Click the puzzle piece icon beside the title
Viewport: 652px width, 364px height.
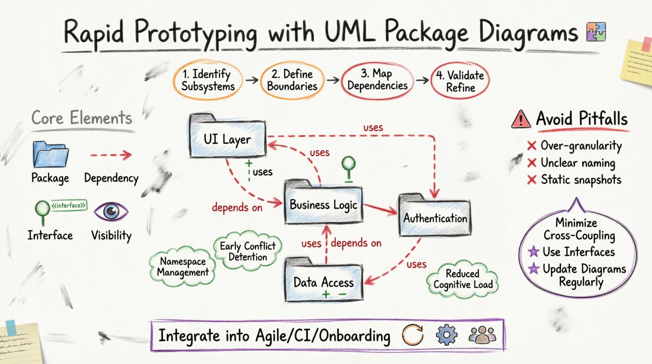[x=596, y=32]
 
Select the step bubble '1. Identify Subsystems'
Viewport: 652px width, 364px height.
[x=208, y=80]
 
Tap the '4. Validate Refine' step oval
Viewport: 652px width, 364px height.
[x=460, y=81]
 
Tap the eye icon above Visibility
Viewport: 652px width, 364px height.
[x=111, y=212]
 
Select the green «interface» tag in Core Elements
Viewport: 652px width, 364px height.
[x=69, y=205]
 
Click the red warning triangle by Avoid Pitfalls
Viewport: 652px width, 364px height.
[x=521, y=119]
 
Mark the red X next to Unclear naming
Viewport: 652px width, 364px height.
[x=532, y=163]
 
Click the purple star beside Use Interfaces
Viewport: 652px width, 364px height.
[x=533, y=251]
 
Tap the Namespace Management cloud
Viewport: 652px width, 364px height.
[x=183, y=267]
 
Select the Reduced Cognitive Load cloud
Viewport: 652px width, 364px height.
[x=462, y=279]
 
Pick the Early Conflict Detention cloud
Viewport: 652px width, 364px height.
[x=248, y=251]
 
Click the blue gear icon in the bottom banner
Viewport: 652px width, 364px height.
[x=446, y=335]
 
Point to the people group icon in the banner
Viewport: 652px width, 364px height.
[x=482, y=335]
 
